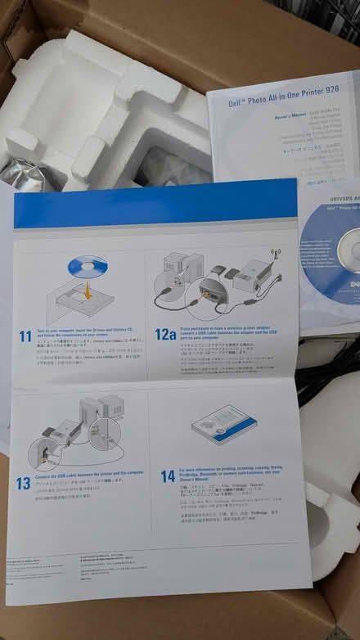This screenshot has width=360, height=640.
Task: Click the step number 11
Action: coord(25,336)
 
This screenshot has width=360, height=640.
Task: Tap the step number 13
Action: coord(24,482)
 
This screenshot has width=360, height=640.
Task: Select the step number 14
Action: coord(168,475)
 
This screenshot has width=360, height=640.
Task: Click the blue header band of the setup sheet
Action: coord(155,209)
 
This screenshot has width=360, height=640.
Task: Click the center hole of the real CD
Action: coord(348,258)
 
